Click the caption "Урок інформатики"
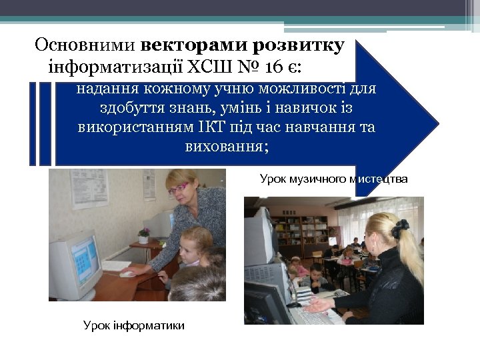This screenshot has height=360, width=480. pyautogui.click(x=133, y=325)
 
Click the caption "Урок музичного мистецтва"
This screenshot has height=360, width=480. pyautogui.click(x=333, y=179)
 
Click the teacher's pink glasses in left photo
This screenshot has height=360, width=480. pyautogui.click(x=179, y=188)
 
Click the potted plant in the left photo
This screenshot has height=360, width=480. pyautogui.click(x=143, y=235)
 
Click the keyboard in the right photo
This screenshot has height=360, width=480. pyautogui.click(x=313, y=313)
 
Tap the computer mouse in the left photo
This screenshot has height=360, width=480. pyautogui.click(x=127, y=273)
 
